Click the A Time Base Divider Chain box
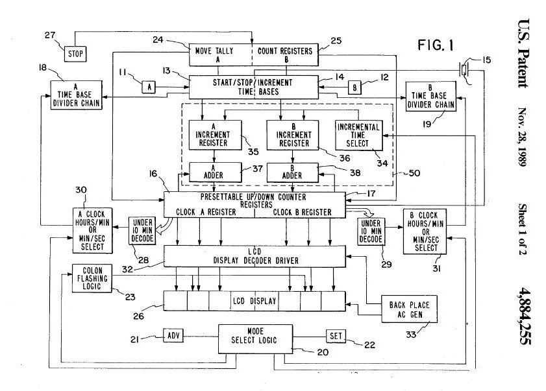click(x=76, y=95)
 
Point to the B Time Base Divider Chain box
click(x=430, y=95)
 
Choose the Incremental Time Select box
click(x=358, y=134)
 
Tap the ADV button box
click(x=173, y=337)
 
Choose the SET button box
click(x=335, y=336)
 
